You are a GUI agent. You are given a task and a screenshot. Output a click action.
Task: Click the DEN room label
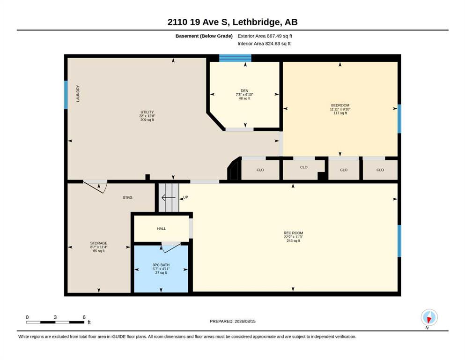click(244, 91)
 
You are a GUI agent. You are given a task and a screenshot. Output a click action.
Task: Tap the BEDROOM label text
click(340, 105)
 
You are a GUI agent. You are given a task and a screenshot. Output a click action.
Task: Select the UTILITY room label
click(147, 112)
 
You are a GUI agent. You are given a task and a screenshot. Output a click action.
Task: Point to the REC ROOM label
click(293, 233)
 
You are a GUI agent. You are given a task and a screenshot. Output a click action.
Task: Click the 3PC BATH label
click(161, 265)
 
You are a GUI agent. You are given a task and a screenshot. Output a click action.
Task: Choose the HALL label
click(162, 229)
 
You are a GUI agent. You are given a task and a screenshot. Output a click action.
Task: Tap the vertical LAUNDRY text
click(78, 93)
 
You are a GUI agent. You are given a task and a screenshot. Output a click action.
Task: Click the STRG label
click(127, 198)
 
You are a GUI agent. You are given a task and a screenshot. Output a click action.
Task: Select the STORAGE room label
click(99, 243)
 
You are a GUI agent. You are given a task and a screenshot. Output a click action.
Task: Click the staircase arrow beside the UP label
click(168, 197)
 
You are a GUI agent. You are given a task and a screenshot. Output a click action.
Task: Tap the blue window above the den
click(235, 58)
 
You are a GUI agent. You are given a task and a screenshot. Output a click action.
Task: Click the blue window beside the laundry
click(66, 95)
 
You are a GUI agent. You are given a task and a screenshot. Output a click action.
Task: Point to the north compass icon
click(429, 317)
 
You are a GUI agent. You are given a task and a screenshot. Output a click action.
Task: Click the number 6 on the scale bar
click(84, 317)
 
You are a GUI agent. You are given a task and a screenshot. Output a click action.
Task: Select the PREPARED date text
click(232, 321)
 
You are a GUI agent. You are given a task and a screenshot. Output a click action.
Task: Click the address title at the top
click(232, 22)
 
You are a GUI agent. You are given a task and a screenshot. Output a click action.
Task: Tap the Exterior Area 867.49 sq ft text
click(265, 36)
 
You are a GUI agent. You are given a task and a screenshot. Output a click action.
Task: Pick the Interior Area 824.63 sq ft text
click(264, 44)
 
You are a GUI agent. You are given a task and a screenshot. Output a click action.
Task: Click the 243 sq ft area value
click(293, 240)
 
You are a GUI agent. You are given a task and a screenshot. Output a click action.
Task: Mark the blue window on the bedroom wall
click(399, 119)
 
